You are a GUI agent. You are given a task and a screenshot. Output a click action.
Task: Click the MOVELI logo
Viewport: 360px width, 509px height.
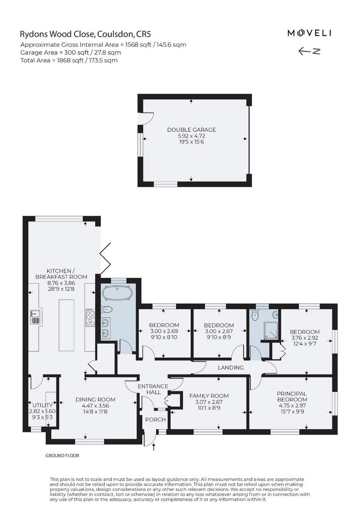[309, 33]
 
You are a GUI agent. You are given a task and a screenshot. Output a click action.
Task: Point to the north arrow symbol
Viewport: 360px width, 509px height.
[309, 51]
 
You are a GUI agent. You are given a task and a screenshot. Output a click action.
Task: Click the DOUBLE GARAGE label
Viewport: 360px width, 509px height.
[191, 130]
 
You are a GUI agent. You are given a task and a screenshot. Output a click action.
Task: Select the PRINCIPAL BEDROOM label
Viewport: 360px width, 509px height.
[292, 396]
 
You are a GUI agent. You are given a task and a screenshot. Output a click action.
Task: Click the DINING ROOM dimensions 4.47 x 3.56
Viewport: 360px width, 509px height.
[95, 405]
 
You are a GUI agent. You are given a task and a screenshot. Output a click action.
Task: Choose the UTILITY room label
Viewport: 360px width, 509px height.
[42, 405]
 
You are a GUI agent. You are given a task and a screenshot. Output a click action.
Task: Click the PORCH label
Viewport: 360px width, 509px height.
[155, 420]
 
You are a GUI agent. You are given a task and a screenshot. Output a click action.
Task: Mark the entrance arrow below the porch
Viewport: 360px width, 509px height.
[154, 446]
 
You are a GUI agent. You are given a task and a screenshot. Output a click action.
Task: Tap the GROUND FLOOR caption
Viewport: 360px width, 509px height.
[62, 456]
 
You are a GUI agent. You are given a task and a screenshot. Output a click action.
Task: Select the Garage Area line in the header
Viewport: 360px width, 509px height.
[70, 53]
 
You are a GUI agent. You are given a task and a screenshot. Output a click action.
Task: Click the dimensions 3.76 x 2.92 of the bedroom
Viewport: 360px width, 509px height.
[304, 338]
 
